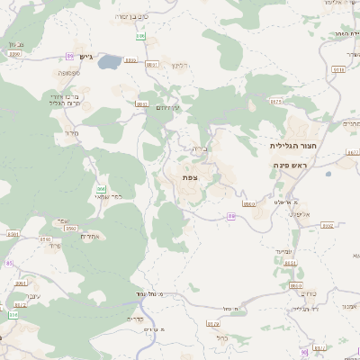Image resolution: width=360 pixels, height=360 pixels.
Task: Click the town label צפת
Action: (x=190, y=177)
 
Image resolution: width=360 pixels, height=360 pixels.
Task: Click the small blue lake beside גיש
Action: (x=109, y=62)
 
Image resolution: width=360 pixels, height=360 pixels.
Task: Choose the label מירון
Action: (x=73, y=134)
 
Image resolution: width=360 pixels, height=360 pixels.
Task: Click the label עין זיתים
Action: (x=167, y=108)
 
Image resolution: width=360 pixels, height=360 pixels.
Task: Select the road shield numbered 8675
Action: (x=275, y=103)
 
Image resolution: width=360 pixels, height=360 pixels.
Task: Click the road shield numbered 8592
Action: (x=71, y=229)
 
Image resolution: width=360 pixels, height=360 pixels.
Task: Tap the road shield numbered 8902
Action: (x=328, y=225)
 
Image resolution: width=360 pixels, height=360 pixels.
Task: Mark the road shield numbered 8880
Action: (x=13, y=55)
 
